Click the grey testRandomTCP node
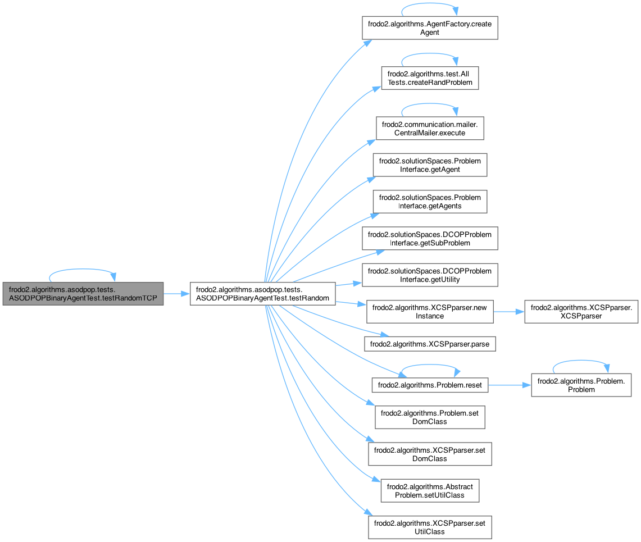[x=83, y=294]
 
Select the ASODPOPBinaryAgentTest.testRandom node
[x=263, y=294]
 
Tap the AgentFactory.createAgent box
[x=430, y=28]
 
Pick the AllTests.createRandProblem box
[x=430, y=78]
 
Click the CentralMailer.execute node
[x=430, y=127]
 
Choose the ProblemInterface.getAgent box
[x=430, y=165]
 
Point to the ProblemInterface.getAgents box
[x=430, y=202]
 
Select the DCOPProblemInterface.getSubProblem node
[x=430, y=239]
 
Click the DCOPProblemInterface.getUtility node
[x=430, y=275]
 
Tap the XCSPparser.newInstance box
[x=430, y=312]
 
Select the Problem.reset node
[x=430, y=385]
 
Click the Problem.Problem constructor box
[x=581, y=385]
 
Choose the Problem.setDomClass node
[x=430, y=417]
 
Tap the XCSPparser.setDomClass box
[x=430, y=454]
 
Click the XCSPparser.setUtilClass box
[x=430, y=527]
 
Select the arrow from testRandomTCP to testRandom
[x=177, y=294]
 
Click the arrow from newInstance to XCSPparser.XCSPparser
[x=508, y=312]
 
